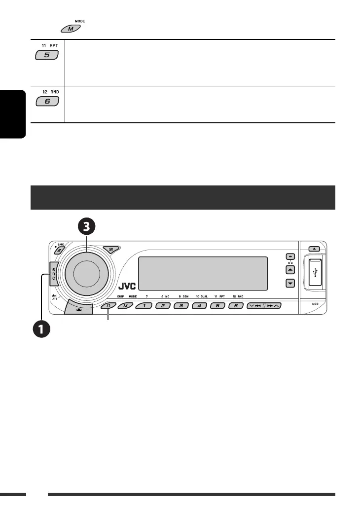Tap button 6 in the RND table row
point(47,102)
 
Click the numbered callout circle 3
point(87,226)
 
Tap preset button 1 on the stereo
point(144,306)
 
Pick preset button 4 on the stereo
point(199,306)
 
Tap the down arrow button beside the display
point(290,284)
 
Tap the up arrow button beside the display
point(290,270)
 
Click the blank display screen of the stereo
point(203,274)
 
